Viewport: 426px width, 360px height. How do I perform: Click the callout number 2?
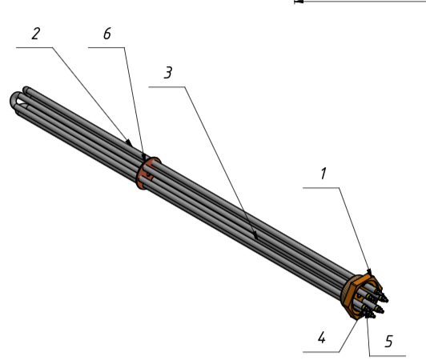pyautogui.click(x=36, y=34)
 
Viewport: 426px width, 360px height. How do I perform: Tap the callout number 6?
pyautogui.click(x=107, y=34)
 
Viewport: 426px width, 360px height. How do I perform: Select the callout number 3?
pyautogui.click(x=168, y=73)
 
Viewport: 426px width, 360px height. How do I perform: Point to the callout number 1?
pyautogui.click(x=323, y=174)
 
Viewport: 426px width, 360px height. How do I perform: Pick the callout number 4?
pyautogui.click(x=322, y=338)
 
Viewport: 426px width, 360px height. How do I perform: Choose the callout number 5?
pyautogui.click(x=389, y=342)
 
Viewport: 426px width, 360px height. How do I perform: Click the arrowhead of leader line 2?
pyautogui.click(x=130, y=142)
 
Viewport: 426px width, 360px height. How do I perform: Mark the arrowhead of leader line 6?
pyautogui.click(x=144, y=157)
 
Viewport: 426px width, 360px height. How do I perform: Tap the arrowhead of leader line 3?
pyautogui.click(x=255, y=235)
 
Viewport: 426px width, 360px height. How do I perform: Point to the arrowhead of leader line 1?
pyautogui.click(x=370, y=272)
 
